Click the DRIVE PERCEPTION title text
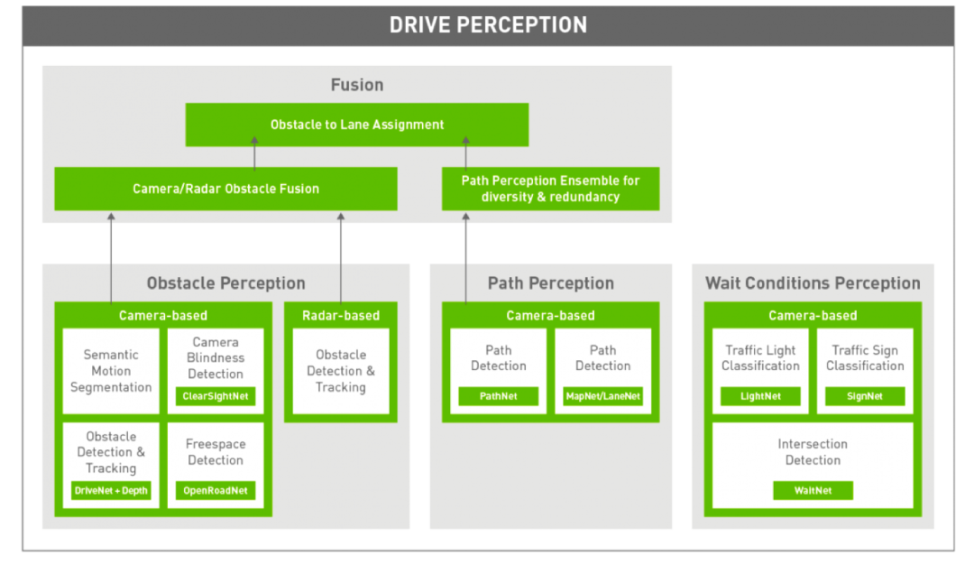[488, 24]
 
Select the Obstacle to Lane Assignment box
[357, 125]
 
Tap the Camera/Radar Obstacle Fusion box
[225, 189]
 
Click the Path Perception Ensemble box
[550, 189]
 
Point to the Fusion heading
[357, 85]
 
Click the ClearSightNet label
[216, 396]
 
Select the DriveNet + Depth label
[111, 490]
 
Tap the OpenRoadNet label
[216, 490]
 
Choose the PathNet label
[499, 396]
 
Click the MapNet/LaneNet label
[602, 396]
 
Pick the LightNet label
[760, 396]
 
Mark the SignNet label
[865, 396]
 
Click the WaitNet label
[813, 490]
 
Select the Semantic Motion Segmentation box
[111, 371]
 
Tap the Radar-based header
[341, 315]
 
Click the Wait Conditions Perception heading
[813, 283]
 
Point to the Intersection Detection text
[813, 452]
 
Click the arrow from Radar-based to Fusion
[341, 257]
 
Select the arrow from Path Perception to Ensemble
[466, 257]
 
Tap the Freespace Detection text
[216, 452]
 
